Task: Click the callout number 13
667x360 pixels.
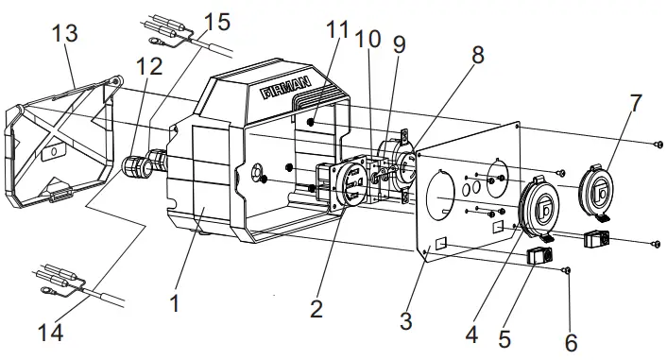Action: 65,33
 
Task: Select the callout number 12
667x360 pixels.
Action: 148,68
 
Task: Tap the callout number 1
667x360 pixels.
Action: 174,303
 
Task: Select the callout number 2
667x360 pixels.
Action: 316,308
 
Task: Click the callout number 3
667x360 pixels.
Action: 405,321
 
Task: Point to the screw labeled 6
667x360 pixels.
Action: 565,270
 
